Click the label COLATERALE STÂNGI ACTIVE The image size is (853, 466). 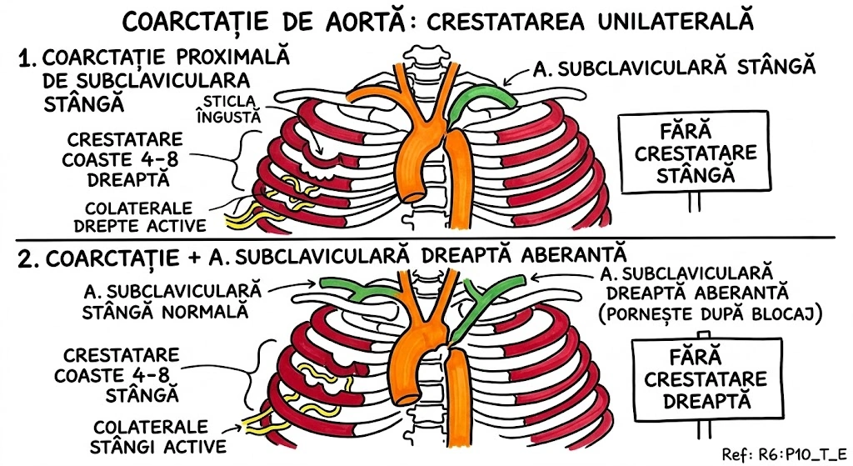pyautogui.click(x=159, y=433)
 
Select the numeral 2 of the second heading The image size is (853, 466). pyautogui.click(x=26, y=258)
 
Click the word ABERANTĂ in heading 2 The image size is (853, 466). pyautogui.click(x=557, y=254)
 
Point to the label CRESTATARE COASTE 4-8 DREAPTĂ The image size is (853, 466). pyautogui.click(x=123, y=159)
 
